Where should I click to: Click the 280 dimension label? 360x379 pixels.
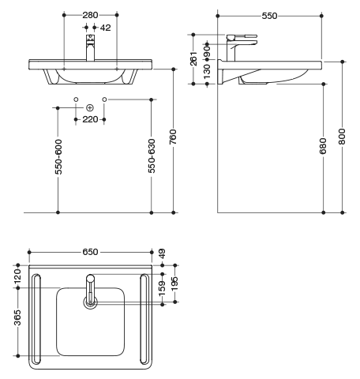coord(90,15)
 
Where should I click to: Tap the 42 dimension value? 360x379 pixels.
coord(106,28)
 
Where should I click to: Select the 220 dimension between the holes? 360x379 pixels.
coord(90,119)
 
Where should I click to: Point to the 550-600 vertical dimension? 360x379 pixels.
coord(58,156)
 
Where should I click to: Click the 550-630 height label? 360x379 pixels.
coord(152,156)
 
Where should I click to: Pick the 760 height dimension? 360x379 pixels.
coord(173,137)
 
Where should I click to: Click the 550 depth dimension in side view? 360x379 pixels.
coord(269,16)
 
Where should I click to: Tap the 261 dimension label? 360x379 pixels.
coord(193,58)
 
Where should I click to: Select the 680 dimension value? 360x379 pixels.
coord(323,146)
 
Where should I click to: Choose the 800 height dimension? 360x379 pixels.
coord(342,137)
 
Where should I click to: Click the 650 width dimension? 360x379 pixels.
coord(90,252)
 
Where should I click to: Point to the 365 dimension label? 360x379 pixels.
coord(17,317)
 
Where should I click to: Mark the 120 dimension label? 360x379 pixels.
coord(17,276)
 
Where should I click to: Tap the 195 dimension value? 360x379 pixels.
coord(174,283)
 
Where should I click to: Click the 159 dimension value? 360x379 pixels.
coord(163,288)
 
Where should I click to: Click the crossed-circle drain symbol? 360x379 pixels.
coord(90,107)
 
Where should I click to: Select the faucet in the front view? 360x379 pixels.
coord(90,47)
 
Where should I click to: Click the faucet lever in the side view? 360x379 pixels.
coord(242,36)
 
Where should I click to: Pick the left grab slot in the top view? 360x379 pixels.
coord(36,319)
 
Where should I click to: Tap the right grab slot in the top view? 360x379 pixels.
coord(144,319)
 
